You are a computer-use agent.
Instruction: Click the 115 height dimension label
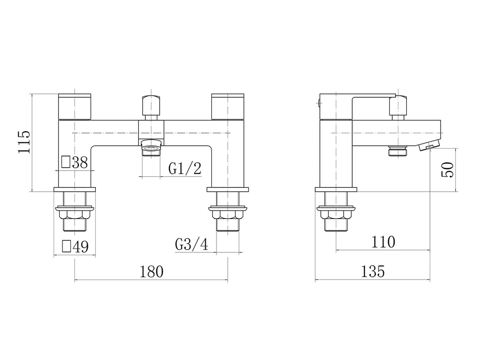click(x=24, y=142)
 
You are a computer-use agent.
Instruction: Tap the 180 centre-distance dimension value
click(x=152, y=272)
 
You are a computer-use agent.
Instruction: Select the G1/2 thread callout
click(x=185, y=169)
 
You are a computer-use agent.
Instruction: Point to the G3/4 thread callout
click(x=192, y=244)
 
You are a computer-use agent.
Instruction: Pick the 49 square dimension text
click(x=81, y=246)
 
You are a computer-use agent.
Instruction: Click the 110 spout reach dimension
click(x=383, y=242)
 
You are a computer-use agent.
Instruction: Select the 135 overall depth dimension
click(x=372, y=272)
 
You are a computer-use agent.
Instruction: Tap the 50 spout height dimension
click(x=447, y=170)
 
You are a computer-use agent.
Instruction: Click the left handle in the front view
click(x=75, y=107)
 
